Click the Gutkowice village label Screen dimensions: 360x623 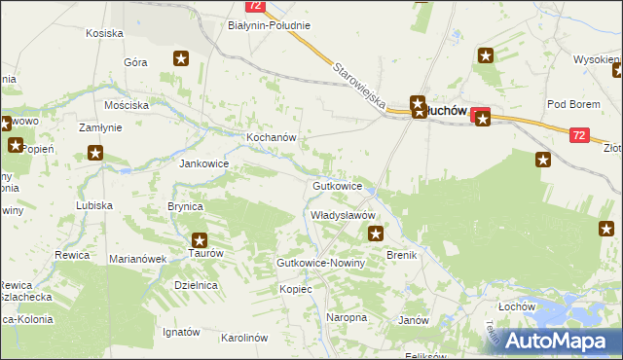[x=338, y=185]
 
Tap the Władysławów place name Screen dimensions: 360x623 [x=343, y=214]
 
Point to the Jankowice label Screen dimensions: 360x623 [x=202, y=163]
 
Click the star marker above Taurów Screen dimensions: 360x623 [x=200, y=239]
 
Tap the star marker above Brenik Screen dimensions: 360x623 [x=376, y=234]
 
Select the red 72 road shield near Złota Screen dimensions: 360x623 [x=579, y=136]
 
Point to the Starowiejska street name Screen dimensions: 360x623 [x=361, y=86]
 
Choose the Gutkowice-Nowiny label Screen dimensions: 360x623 [x=320, y=264]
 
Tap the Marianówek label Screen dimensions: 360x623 [x=138, y=259]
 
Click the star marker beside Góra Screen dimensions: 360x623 [x=180, y=59]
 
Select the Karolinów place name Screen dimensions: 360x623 [x=243, y=338]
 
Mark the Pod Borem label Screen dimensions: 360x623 [x=570, y=104]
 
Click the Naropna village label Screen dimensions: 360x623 [x=347, y=317]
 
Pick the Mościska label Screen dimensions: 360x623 [x=127, y=104]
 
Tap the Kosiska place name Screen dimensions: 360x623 [x=103, y=33]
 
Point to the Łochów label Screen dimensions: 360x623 [x=517, y=306]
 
